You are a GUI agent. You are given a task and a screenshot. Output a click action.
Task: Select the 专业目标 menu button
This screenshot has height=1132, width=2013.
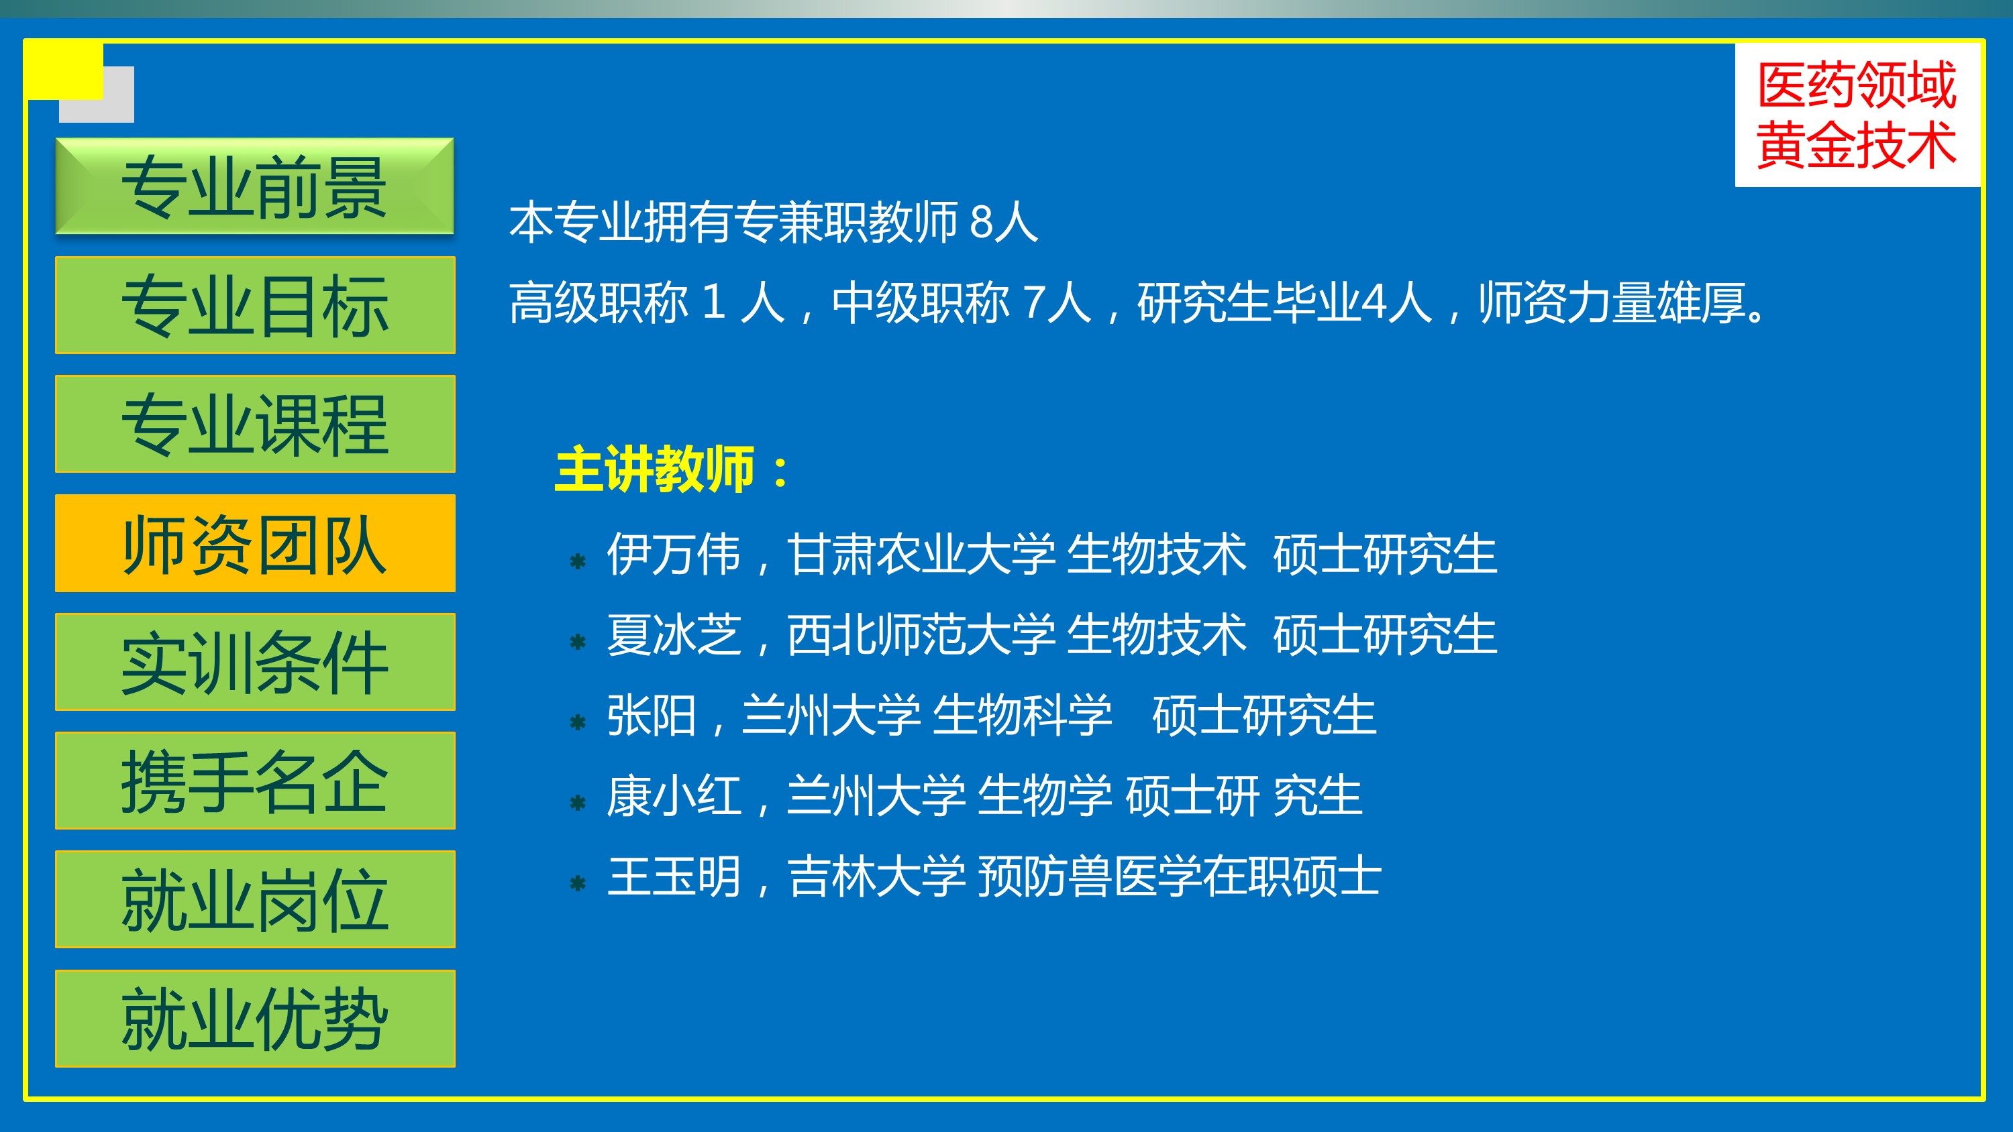coord(255,305)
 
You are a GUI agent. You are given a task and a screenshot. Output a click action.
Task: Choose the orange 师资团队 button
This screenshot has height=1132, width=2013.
coord(255,543)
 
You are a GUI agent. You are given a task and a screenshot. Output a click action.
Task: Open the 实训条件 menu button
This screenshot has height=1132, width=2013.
coord(255,662)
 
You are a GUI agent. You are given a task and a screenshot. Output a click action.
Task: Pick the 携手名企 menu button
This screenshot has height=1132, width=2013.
coord(255,781)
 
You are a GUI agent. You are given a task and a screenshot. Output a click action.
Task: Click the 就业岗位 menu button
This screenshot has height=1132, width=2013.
coord(255,899)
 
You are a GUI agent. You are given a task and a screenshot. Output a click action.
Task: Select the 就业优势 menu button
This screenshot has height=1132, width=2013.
coord(255,1019)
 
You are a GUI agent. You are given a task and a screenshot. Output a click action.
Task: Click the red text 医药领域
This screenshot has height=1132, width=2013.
coord(1857,85)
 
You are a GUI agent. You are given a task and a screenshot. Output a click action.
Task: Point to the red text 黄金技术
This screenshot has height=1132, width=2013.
coord(1857,146)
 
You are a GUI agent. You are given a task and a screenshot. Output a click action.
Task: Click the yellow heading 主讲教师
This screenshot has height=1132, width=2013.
coord(655,469)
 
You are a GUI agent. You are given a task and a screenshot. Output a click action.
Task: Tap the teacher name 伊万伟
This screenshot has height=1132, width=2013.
coord(674,554)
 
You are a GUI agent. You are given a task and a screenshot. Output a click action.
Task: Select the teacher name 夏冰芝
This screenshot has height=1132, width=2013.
coord(674,634)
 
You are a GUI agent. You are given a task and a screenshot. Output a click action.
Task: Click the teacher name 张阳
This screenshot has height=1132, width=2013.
coord(652,715)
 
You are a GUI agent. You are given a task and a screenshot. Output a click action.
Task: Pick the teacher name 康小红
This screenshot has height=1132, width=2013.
coord(674,796)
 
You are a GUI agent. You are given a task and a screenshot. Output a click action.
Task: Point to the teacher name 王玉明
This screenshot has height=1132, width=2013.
coord(674,876)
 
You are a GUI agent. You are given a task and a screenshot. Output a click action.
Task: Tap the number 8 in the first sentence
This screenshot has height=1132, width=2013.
coord(981,222)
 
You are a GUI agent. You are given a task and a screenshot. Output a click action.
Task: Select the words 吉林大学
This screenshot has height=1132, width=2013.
coord(877,876)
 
